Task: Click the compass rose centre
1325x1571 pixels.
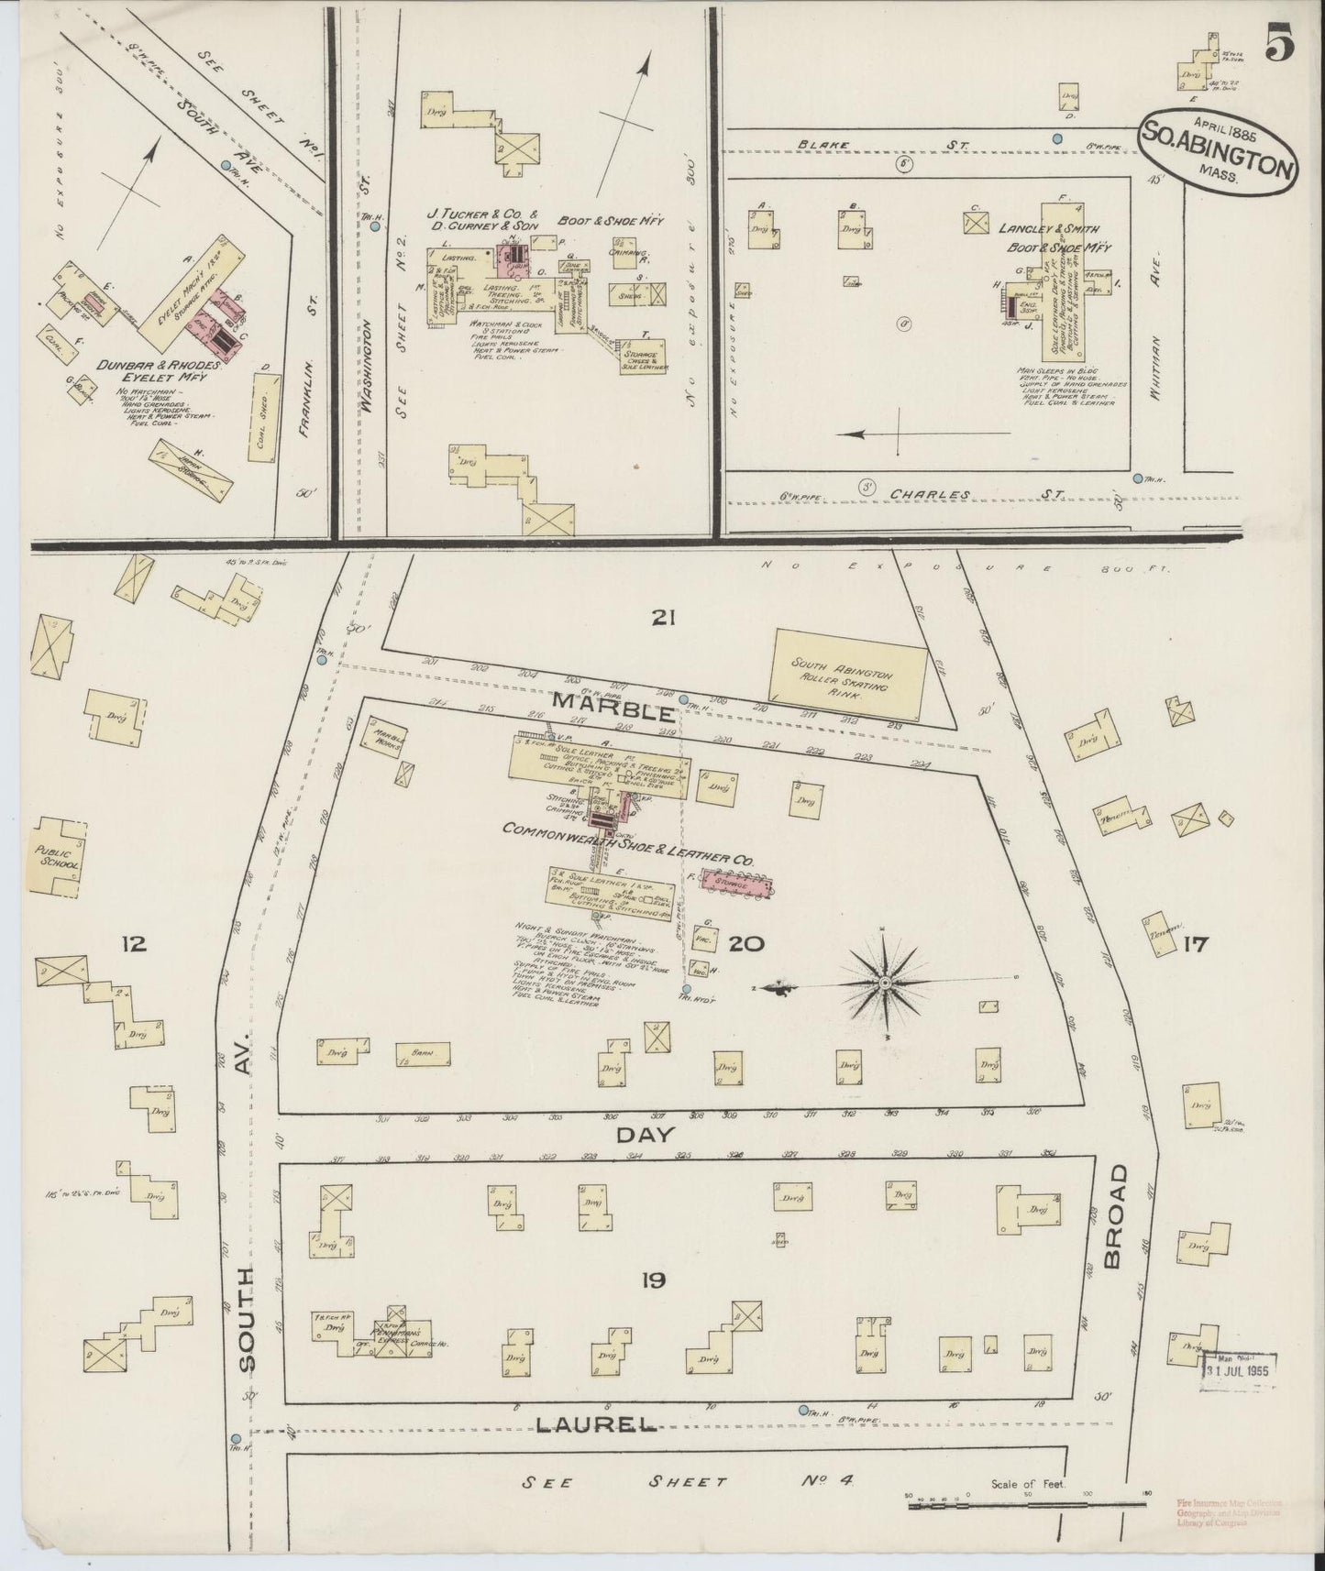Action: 886,983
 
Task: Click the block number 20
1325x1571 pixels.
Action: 747,943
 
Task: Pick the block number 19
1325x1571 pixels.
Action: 653,1280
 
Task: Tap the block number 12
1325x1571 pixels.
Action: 134,943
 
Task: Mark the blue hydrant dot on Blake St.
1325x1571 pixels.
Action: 1057,138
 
